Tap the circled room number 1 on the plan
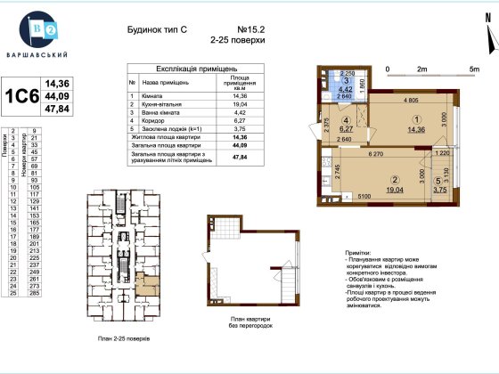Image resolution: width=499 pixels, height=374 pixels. pos(413,119)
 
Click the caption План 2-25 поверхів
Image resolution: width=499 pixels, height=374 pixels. pos(125,340)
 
